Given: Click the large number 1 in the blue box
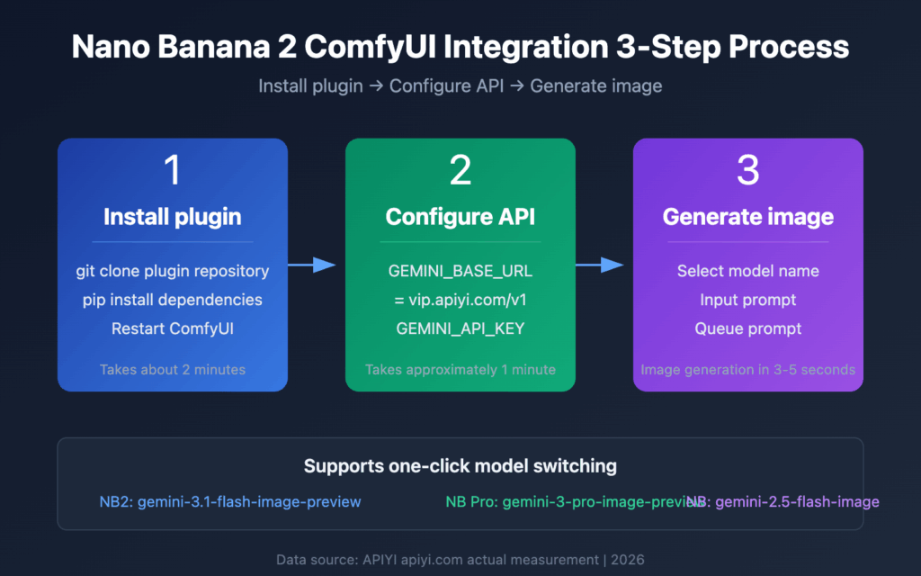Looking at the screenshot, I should pyautogui.click(x=173, y=171).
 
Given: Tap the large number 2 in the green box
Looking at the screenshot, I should pyautogui.click(x=460, y=171).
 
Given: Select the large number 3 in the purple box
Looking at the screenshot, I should pyautogui.click(x=748, y=171).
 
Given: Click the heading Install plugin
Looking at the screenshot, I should pyautogui.click(x=173, y=217).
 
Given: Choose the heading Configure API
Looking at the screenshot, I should pyautogui.click(x=460, y=217).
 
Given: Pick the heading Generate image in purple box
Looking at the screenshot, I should pyautogui.click(x=748, y=217).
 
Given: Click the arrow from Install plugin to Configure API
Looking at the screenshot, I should pyautogui.click(x=313, y=265).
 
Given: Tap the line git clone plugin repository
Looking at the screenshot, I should pyautogui.click(x=173, y=271).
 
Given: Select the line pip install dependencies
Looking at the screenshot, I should pyautogui.click(x=173, y=300).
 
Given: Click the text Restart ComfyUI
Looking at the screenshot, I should pyautogui.click(x=173, y=328).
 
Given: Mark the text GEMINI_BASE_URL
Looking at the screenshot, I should pyautogui.click(x=460, y=271).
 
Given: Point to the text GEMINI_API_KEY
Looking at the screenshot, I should pyautogui.click(x=460, y=328).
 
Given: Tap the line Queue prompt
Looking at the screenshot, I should pyautogui.click(x=748, y=328).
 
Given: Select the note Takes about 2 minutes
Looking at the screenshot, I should pyautogui.click(x=173, y=369).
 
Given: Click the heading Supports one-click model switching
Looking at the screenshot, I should pyautogui.click(x=460, y=466).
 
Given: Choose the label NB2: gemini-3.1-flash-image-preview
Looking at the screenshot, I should pyautogui.click(x=230, y=501).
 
